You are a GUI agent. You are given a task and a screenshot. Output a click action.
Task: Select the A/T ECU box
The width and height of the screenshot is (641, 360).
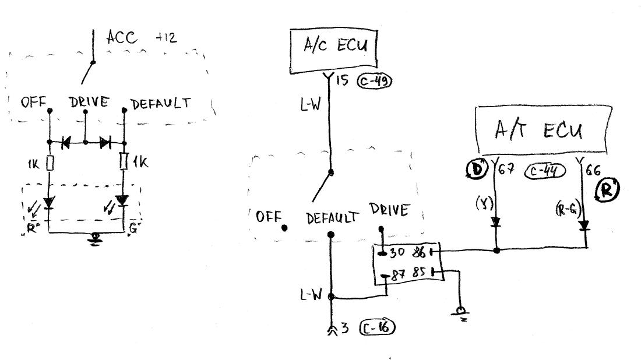[x=543, y=130]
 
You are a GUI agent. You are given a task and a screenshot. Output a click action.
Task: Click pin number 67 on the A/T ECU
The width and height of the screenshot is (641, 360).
[x=505, y=170]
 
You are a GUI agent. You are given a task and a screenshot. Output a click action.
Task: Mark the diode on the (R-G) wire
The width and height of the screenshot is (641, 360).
[x=584, y=224]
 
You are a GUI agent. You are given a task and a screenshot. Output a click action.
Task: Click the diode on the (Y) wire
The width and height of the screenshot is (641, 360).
[x=496, y=222]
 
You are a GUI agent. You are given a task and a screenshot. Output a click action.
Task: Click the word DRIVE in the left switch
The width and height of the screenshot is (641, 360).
[x=89, y=103]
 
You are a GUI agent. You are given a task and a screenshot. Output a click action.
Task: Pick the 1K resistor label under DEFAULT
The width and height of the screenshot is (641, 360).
[x=140, y=163]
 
